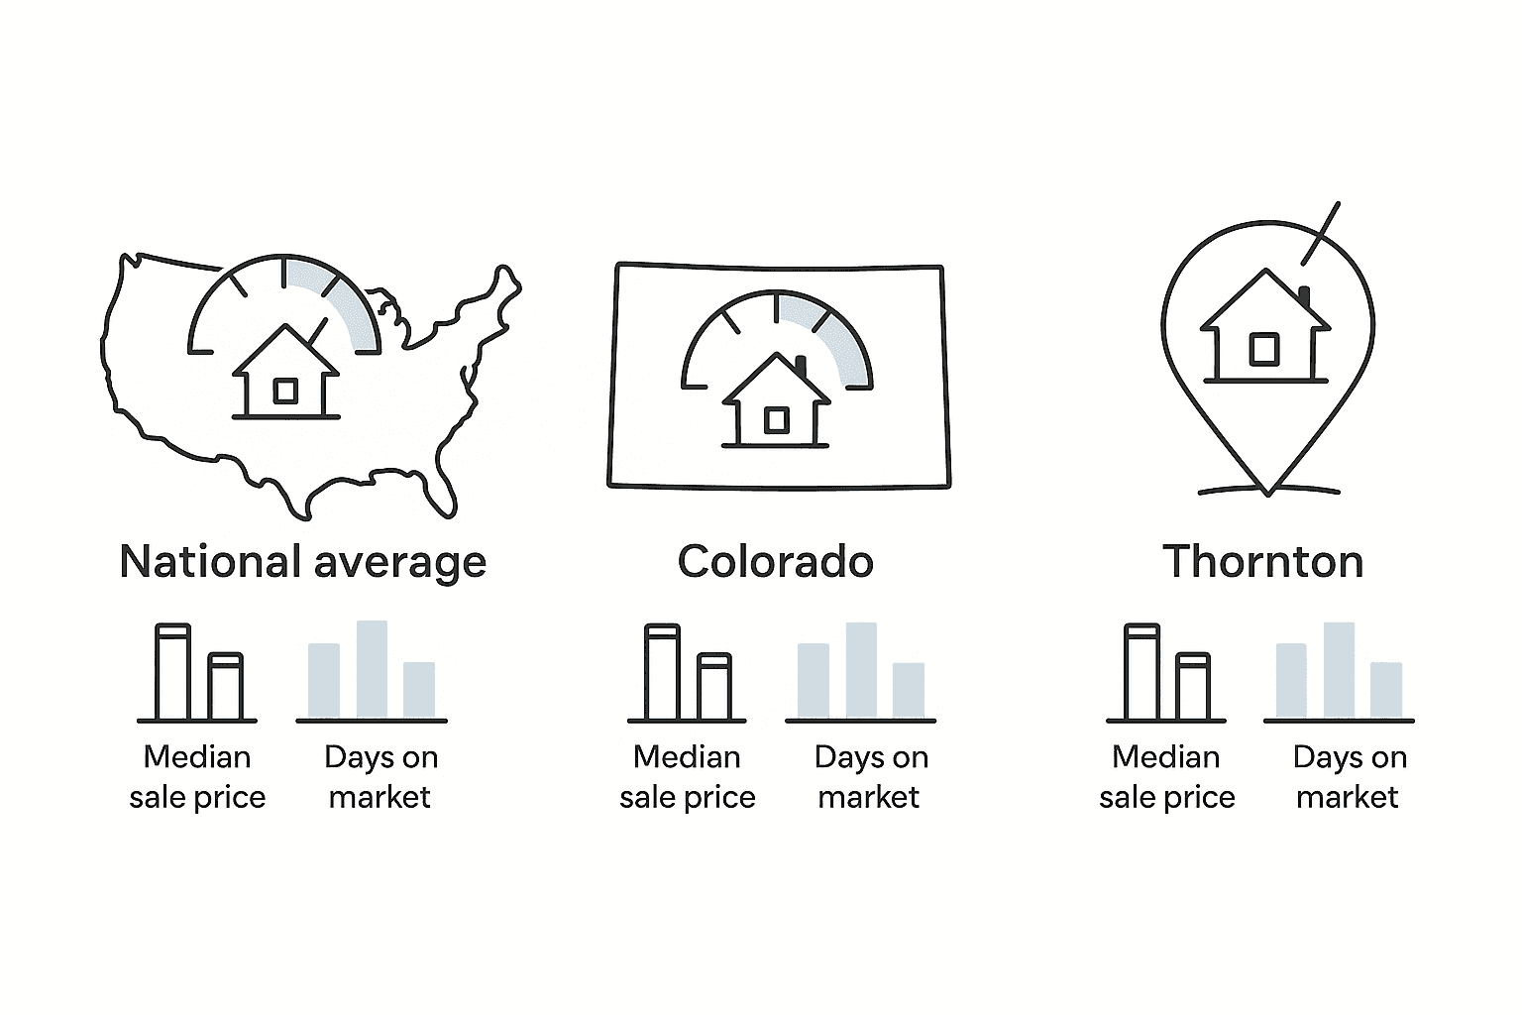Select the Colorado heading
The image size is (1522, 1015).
775,562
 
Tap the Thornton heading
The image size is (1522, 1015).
1262,562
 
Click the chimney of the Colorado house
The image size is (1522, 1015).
801,366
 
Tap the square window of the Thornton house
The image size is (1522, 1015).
1264,349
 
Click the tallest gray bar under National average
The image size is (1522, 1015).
372,668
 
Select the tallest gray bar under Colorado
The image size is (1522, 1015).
861,669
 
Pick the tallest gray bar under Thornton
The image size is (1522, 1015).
1339,669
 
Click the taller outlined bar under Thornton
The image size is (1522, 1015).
1142,672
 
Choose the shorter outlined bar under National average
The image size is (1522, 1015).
226,686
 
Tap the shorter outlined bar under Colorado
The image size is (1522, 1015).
714,686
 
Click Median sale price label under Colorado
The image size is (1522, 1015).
687,777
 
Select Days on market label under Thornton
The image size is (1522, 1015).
1350,777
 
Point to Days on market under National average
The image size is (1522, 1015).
380,777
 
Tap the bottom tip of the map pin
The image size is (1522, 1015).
1268,492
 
